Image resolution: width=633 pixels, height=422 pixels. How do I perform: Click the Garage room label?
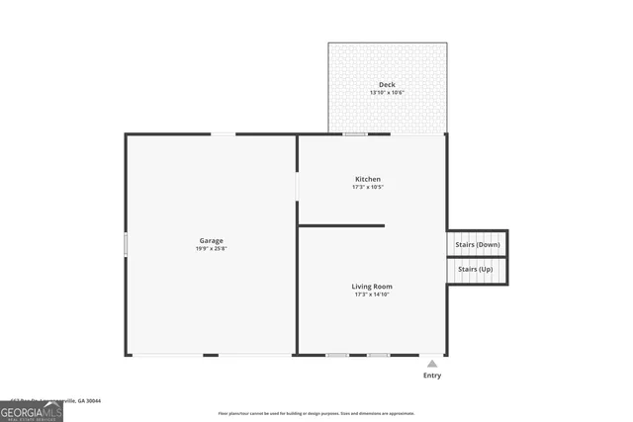pos(210,240)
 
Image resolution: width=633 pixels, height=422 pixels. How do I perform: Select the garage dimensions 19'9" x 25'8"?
pos(210,248)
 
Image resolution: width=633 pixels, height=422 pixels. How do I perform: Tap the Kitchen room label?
pos(368,179)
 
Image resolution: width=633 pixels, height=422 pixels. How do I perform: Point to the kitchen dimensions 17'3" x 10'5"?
pos(368,187)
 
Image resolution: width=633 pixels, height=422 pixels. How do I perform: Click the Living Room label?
pos(372,287)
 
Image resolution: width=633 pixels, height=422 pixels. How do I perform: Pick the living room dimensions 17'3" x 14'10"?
pos(372,295)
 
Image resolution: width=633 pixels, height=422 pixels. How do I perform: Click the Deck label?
pos(387,85)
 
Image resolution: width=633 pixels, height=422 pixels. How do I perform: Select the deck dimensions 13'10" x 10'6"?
pos(387,93)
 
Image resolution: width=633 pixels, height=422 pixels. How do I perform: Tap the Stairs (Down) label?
pos(478,244)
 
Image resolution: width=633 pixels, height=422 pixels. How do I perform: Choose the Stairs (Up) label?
pos(475,269)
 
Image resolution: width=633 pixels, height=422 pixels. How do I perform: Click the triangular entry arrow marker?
pos(431,364)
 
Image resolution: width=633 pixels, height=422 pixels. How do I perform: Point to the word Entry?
pos(432,376)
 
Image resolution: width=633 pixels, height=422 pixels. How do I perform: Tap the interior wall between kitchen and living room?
pos(341,225)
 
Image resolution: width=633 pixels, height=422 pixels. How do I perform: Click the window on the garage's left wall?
pos(126,244)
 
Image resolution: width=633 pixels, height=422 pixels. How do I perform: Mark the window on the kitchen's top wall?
pos(355,134)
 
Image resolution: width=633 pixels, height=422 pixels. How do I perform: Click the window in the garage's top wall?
pos(224,134)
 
